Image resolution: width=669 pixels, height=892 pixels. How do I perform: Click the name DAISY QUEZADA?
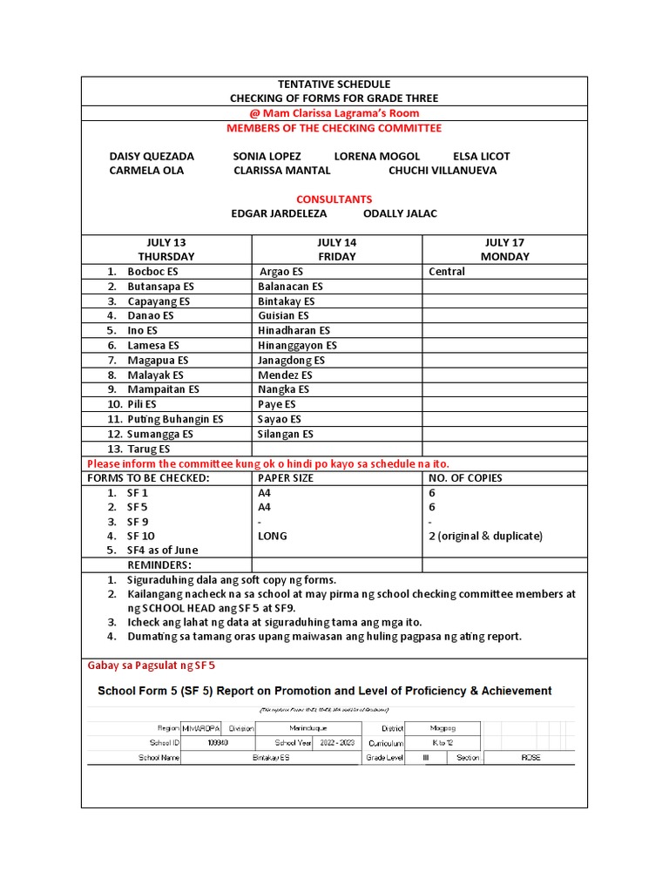coord(152,157)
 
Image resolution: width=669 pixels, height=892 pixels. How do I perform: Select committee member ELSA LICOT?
coord(482,157)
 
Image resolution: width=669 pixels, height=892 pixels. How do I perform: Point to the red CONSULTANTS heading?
coord(334,199)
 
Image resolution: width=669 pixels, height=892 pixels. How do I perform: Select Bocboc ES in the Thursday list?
coord(152,272)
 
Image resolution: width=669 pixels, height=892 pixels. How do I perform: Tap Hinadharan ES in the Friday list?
coord(294,331)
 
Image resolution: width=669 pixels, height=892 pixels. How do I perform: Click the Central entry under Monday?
coord(447,272)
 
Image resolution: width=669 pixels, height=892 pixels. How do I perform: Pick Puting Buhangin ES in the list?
coord(175,419)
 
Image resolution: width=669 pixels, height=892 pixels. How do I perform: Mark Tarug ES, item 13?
coord(149,449)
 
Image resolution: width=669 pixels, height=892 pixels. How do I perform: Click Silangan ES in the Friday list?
coord(286,434)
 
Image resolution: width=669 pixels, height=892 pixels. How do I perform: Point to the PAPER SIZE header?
coord(286,478)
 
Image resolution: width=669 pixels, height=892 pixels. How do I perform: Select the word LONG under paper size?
coord(272,537)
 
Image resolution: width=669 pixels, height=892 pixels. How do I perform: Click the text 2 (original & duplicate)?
coord(485,537)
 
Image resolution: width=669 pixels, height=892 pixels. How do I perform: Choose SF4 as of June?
coord(162,551)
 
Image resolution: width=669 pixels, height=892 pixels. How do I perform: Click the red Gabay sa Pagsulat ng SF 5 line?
coord(152,666)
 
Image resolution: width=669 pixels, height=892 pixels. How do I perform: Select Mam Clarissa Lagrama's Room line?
coord(334,113)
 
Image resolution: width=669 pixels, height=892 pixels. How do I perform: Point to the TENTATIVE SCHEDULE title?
coord(334,84)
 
